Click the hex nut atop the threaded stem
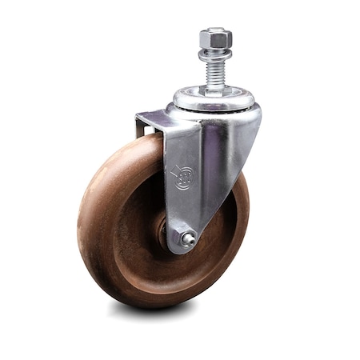pyautogui.click(x=216, y=39)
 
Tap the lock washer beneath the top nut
pyautogui.click(x=216, y=51)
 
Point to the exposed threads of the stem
pyautogui.click(x=216, y=70)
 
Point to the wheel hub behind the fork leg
pyautogui.click(x=163, y=232)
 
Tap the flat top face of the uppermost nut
pyautogui.click(x=216, y=33)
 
